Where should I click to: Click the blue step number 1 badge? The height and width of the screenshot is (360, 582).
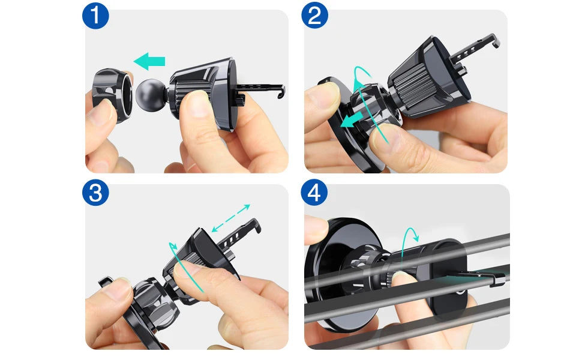(x=95, y=16)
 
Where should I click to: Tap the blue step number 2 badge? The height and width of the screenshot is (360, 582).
(x=314, y=16)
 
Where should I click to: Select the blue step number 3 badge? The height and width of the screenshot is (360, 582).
(x=95, y=193)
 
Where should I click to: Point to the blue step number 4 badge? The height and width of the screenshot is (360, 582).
(x=314, y=193)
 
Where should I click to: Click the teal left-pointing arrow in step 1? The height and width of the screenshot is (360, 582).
(x=149, y=61)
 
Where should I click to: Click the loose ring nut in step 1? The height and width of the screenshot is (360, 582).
(x=112, y=95)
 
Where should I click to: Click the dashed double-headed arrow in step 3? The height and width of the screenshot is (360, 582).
(x=230, y=218)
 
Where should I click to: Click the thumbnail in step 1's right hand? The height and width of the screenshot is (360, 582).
(x=196, y=104)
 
